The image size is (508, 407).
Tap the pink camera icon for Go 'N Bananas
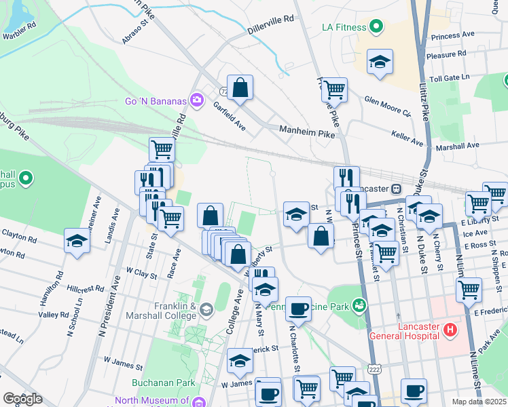point(197,100)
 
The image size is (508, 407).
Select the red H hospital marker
point(449,330)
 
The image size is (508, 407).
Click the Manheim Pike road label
point(308,131)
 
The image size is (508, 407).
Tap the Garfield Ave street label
point(228,115)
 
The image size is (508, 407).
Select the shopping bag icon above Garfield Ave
point(240,88)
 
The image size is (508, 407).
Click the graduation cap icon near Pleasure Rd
point(380,62)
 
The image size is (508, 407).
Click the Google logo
point(22,398)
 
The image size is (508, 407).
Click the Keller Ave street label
point(407,138)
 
